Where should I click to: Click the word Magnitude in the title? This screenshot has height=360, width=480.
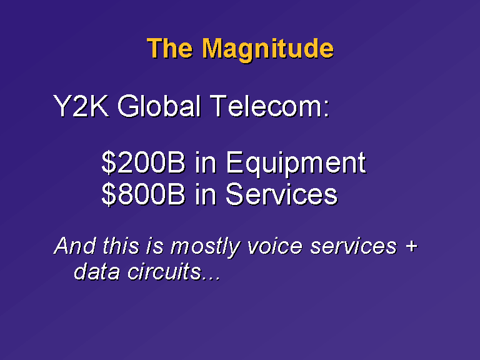coord(268,49)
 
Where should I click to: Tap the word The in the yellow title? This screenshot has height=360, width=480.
coord(170,47)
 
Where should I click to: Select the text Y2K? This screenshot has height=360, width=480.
coord(81,106)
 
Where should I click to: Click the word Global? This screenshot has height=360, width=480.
coord(159,106)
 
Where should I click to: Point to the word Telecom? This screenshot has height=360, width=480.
coord(269,106)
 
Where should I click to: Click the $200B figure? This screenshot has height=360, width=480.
coord(143,162)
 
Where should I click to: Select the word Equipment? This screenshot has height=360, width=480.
coord(296,164)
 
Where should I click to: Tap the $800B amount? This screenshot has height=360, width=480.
coord(143,194)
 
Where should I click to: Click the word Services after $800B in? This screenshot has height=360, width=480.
coord(282,194)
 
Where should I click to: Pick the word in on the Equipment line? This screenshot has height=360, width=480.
coord(206,162)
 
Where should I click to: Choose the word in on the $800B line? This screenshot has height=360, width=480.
coord(206,194)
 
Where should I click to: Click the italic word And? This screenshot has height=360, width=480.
coord(75,246)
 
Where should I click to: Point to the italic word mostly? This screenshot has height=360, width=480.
coord(206,247)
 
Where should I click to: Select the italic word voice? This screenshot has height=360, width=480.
coord(275,246)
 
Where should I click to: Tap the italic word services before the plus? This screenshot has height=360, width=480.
coord(354,246)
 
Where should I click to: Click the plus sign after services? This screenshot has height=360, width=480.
coord(411,246)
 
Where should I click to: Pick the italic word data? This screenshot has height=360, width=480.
coord(97,271)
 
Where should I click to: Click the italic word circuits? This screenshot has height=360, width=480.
coord(164,271)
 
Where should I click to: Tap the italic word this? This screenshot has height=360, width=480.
coord(121,246)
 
